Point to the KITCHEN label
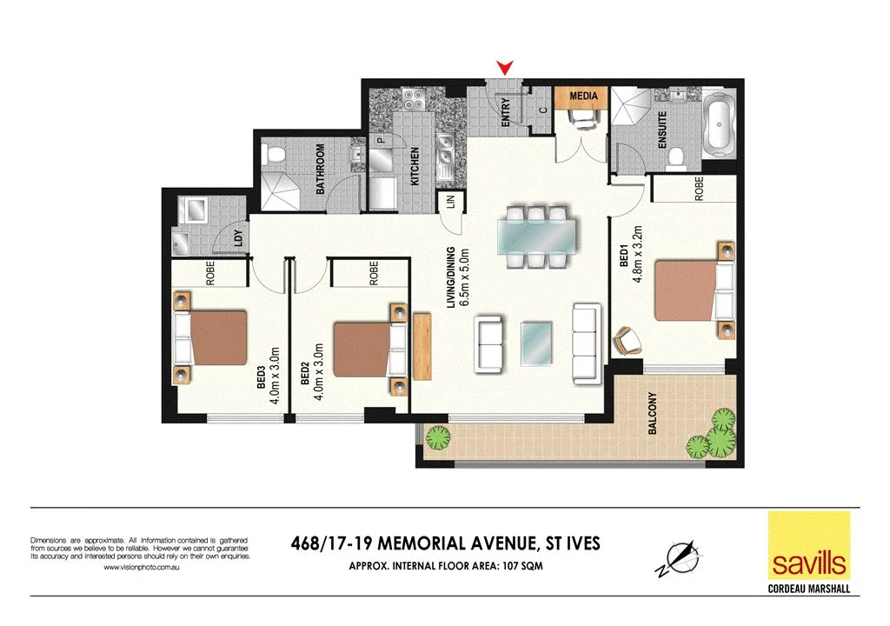(415, 164)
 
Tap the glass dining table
(535, 235)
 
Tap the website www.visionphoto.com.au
(141, 567)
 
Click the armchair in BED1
(627, 340)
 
